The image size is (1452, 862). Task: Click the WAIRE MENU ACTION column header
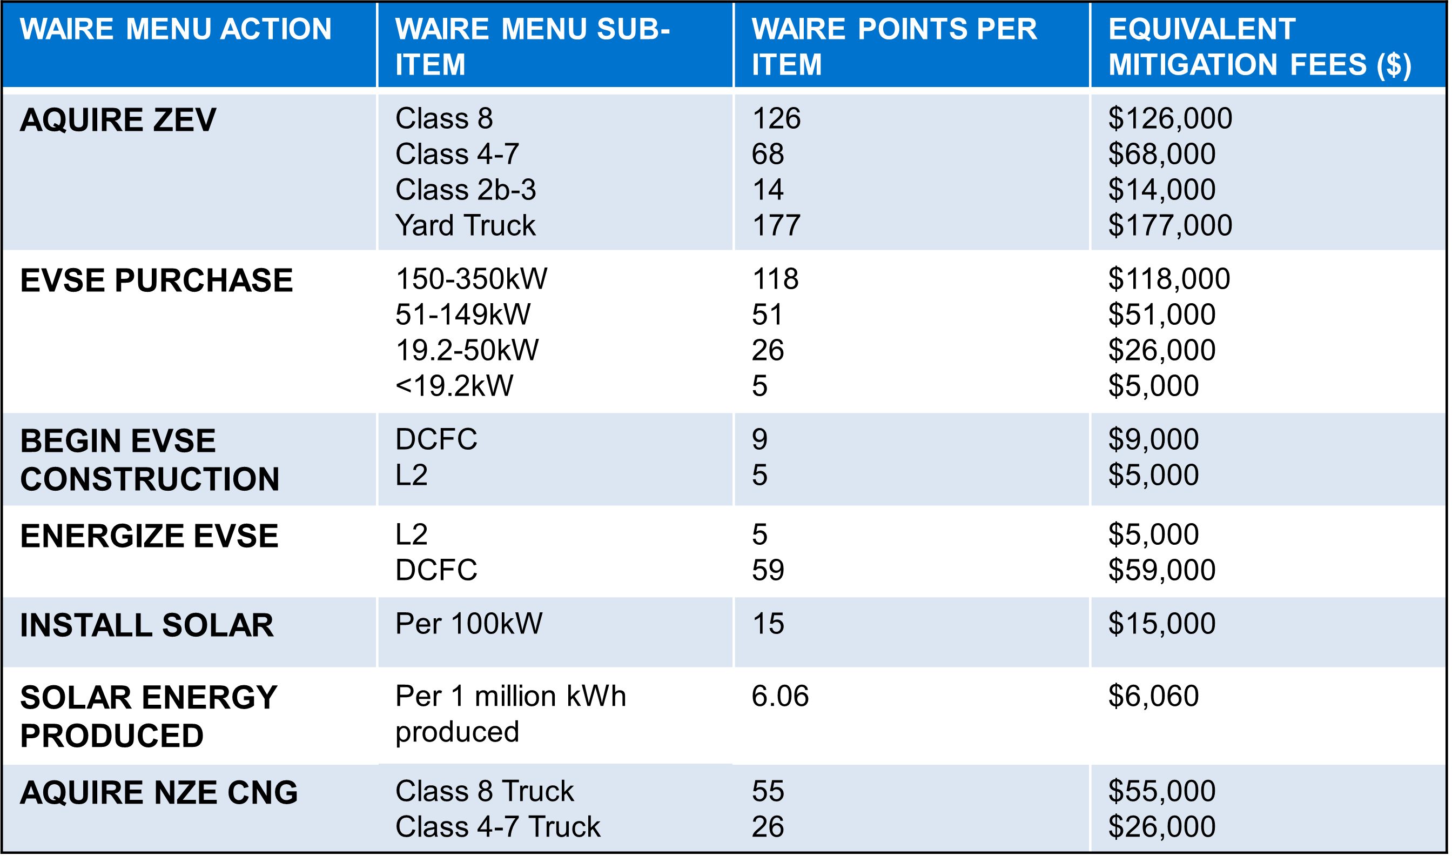tap(176, 29)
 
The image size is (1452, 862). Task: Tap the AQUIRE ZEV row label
tap(118, 120)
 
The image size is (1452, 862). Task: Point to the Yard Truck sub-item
tap(465, 225)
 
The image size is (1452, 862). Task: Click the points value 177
tap(776, 225)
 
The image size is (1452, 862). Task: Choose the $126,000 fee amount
tap(1170, 118)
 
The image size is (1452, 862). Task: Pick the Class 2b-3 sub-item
tap(466, 190)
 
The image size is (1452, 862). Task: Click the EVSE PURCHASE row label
tap(156, 280)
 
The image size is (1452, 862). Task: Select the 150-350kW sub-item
tap(471, 279)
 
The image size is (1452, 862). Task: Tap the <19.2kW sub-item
tap(454, 386)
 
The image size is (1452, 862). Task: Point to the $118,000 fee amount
tap(1169, 279)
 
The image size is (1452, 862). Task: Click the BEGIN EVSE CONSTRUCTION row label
tap(149, 459)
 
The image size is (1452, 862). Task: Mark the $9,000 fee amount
tap(1153, 440)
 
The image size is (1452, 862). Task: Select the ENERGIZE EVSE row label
tap(149, 536)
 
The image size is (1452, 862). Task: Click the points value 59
tap(768, 570)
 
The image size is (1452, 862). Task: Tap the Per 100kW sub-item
tap(468, 624)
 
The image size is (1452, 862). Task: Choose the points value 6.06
tap(779, 696)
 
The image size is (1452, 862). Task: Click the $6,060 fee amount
tap(1153, 696)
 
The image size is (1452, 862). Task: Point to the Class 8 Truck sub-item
tap(484, 791)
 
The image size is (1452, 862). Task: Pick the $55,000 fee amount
tap(1161, 791)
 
